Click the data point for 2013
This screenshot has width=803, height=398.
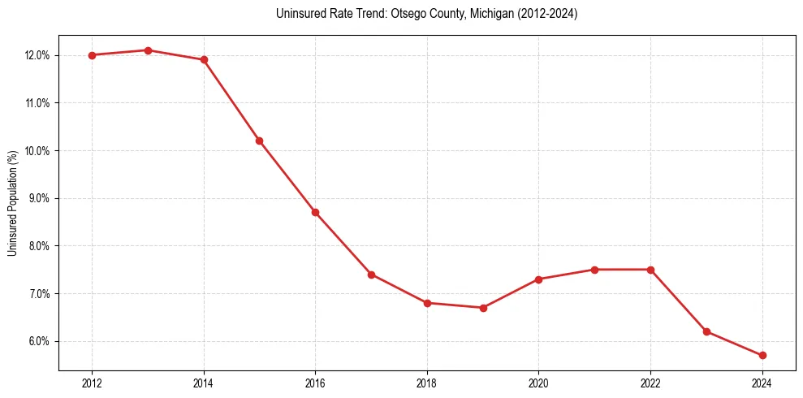pos(148,50)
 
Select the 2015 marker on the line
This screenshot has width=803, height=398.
pos(259,141)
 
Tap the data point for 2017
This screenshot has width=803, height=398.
pos(371,275)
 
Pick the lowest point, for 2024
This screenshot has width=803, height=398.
pos(762,355)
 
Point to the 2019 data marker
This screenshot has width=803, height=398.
pos(483,308)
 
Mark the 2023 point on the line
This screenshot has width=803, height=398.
pos(706,331)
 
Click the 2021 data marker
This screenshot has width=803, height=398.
pos(594,270)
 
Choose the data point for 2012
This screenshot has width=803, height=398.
pos(92,55)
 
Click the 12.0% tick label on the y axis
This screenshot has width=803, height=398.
pos(38,55)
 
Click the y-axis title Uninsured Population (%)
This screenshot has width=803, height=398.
pos(13,203)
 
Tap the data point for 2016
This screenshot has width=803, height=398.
pos(315,212)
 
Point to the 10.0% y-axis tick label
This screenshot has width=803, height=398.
pos(38,151)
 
